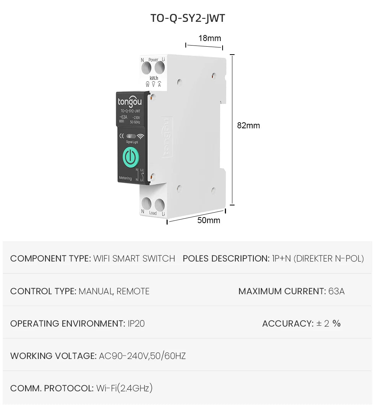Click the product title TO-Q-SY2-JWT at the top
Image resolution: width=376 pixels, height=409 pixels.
188,18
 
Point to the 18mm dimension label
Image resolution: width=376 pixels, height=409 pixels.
209,38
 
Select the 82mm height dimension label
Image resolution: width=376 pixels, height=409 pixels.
248,126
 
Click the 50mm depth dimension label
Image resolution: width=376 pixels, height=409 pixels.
209,220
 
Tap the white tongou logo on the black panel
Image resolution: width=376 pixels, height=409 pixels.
130,102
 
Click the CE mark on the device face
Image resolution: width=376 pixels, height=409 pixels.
122,136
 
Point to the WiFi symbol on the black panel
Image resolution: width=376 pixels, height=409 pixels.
141,137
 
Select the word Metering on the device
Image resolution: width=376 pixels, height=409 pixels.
125,178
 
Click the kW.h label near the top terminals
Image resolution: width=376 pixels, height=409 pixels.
154,78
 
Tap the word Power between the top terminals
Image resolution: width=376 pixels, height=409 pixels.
153,60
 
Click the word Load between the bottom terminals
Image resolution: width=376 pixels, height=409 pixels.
153,213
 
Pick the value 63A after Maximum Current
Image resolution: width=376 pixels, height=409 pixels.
336,291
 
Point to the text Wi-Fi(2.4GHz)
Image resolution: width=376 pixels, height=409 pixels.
124,388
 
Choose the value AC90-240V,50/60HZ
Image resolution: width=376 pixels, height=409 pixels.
142,356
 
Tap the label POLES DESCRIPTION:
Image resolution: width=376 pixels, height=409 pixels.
226,258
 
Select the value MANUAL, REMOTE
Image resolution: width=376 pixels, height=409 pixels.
114,291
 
